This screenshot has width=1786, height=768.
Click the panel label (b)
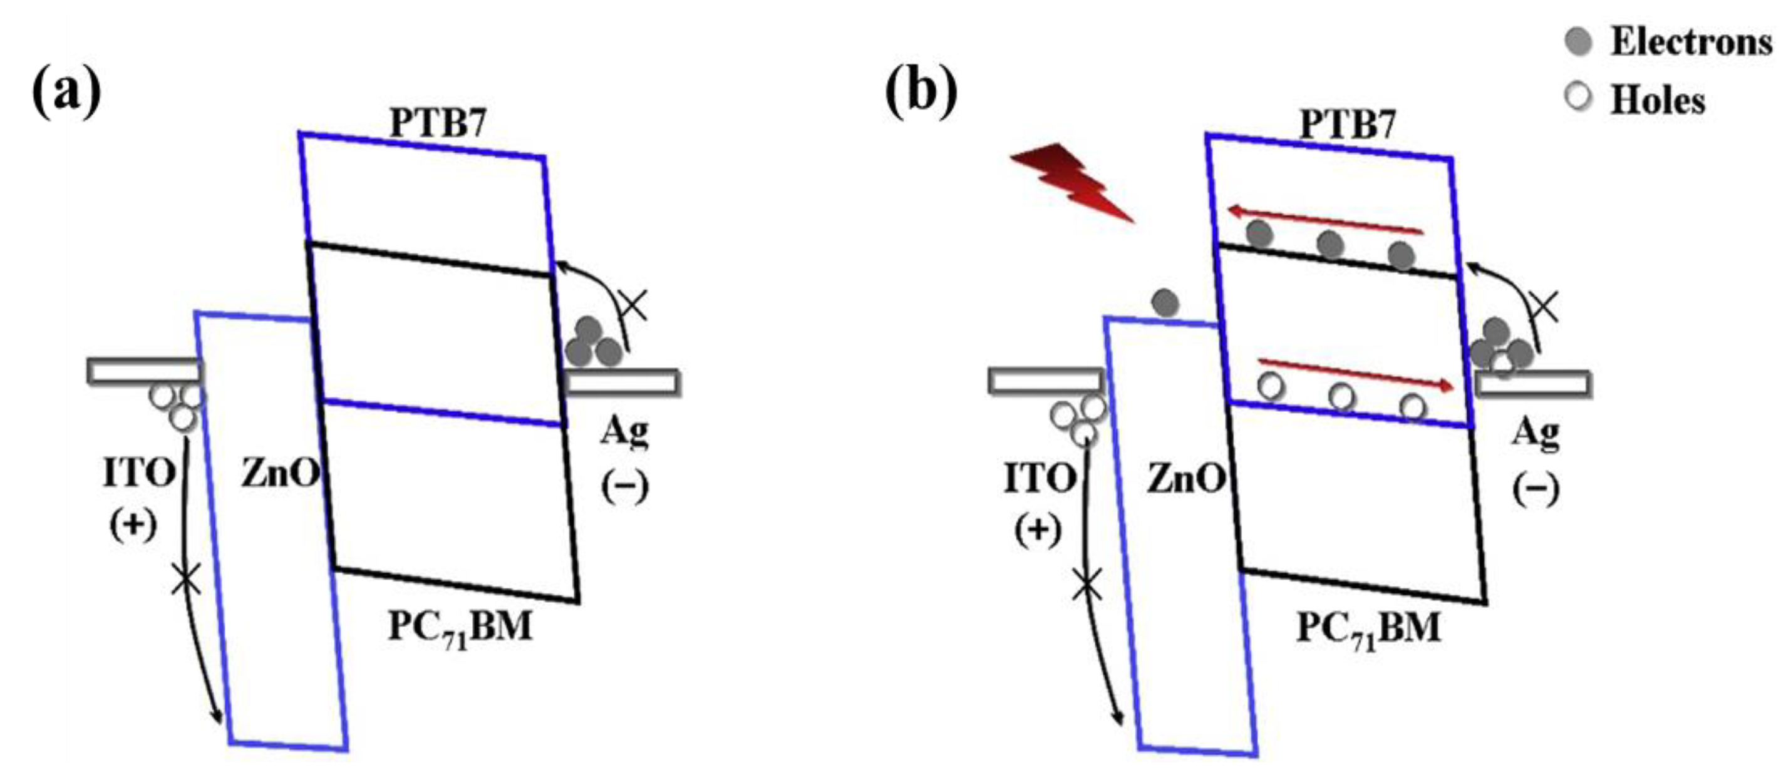tap(921, 91)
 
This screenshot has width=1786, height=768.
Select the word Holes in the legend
tap(1658, 101)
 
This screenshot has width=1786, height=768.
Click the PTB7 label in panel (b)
tap(1347, 125)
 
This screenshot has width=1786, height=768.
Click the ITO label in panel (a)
tap(138, 474)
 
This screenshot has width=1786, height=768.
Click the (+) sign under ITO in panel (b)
tap(1038, 530)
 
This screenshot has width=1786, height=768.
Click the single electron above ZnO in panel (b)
tap(1165, 302)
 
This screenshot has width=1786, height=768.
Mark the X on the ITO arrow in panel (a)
tap(186, 579)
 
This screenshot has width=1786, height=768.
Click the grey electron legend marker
tap(1579, 41)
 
